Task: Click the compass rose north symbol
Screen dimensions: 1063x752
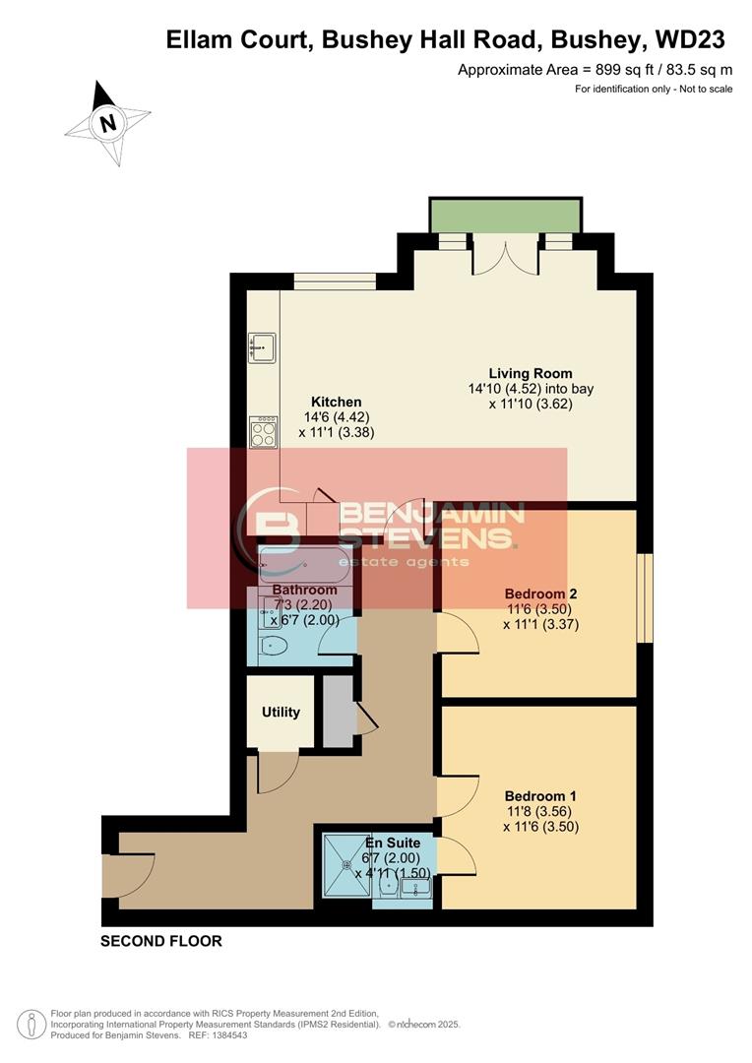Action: [107, 122]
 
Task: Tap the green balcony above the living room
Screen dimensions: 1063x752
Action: [504, 216]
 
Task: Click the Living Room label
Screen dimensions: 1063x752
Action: [531, 374]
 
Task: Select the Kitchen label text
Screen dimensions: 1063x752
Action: [336, 402]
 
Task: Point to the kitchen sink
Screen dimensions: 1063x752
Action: [262, 346]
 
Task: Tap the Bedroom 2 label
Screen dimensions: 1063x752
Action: [539, 594]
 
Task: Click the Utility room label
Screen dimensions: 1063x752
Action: [281, 712]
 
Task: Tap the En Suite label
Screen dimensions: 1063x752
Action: [393, 843]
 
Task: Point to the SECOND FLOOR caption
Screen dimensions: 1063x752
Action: [161, 941]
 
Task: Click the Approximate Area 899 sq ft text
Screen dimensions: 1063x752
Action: [595, 69]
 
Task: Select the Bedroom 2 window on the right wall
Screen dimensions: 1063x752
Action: [645, 598]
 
